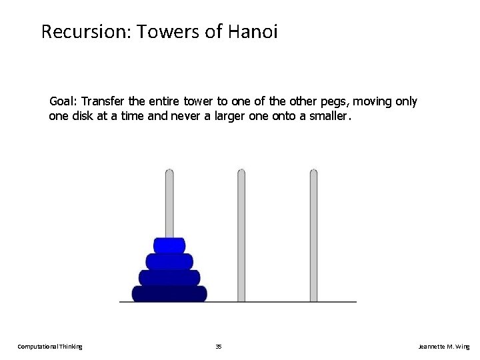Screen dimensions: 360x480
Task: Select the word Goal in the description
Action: (63, 102)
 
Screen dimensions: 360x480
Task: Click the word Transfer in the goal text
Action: (102, 102)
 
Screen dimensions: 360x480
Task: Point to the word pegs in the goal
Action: (334, 102)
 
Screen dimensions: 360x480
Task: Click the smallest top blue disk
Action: (169, 245)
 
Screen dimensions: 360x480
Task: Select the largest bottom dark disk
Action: (169, 293)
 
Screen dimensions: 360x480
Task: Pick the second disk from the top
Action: (169, 261)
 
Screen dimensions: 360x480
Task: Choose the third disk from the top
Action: (169, 277)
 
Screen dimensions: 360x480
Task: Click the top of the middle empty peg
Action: (241, 175)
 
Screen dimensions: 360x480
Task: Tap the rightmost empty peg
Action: (313, 233)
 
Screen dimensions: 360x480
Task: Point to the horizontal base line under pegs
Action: (280, 302)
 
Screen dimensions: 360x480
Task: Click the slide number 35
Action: (219, 347)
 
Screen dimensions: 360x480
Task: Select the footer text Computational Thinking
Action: (50, 347)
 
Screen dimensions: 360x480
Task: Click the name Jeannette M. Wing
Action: (443, 347)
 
